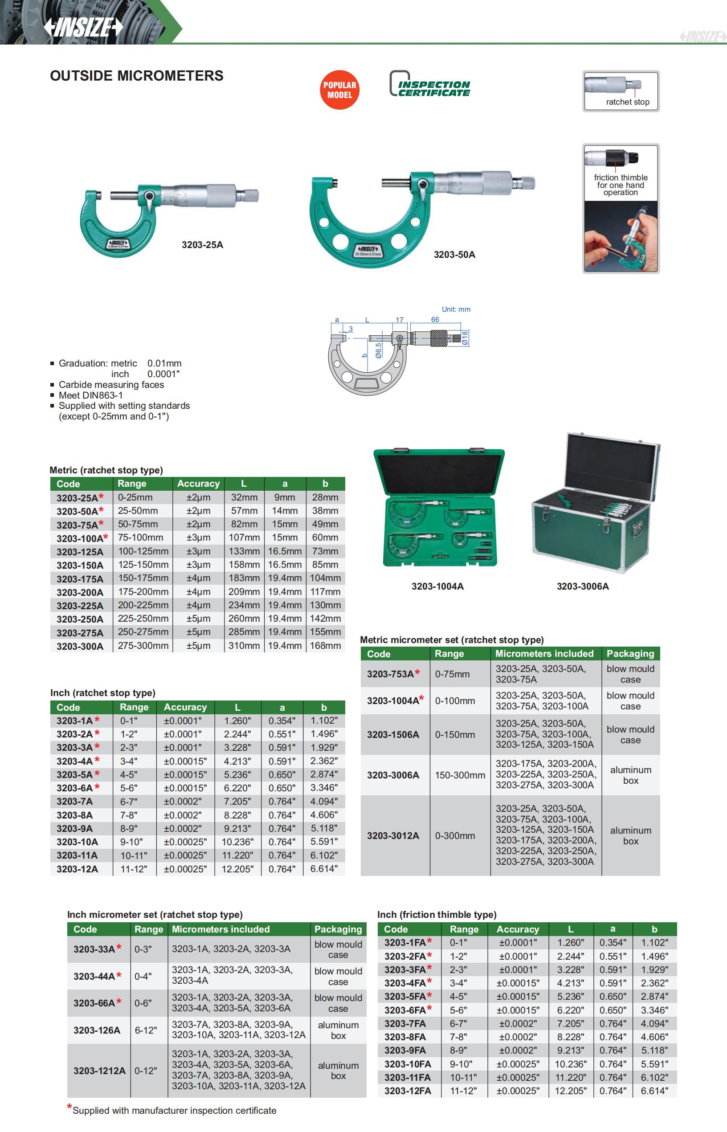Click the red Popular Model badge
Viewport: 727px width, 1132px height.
339,90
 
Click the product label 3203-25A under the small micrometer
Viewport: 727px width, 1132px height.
202,245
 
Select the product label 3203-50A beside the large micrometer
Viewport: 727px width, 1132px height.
454,255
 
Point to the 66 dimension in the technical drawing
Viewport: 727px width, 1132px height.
435,320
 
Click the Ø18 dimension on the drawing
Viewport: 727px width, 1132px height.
465,338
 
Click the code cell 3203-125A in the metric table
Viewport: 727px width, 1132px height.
80,552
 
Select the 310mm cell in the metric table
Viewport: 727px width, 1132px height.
244,646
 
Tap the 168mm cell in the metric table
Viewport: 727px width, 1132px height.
325,646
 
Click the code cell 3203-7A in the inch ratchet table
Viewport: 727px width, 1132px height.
74,801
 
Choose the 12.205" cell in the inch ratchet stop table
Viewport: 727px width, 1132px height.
237,869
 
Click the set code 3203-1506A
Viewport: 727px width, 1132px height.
393,734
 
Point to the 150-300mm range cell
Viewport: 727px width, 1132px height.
459,775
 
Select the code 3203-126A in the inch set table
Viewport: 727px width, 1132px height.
97,1030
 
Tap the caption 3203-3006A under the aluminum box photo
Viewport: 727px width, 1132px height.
583,586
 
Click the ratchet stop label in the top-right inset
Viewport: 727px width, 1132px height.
627,102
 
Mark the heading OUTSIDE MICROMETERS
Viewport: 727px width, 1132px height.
136,76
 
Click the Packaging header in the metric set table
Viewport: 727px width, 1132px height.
630,654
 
